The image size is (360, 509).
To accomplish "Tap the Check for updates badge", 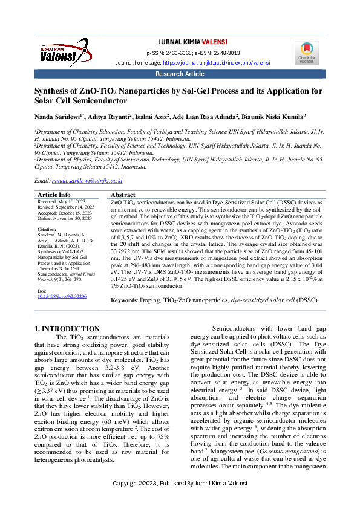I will (x=306, y=53).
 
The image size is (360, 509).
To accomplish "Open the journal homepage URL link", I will (x=216, y=63).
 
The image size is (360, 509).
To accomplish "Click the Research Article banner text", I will (x=180, y=74).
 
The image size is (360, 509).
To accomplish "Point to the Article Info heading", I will (x=54, y=195).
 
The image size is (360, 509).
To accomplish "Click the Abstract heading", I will (x=123, y=195).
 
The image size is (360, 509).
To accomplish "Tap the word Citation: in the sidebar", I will (x=47, y=230).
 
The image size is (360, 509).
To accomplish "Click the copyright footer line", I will (x=180, y=484).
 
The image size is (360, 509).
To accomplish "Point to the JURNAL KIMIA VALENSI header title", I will (x=192, y=42).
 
